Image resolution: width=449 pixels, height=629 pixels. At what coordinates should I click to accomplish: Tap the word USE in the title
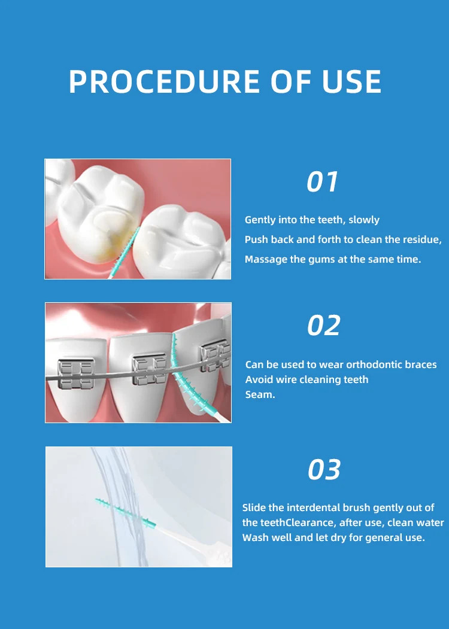click(351, 81)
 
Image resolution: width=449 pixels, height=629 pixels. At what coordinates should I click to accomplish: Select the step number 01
click(322, 182)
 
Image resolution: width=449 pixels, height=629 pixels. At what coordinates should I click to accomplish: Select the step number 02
click(324, 326)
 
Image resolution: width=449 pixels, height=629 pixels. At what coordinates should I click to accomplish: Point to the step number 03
click(324, 469)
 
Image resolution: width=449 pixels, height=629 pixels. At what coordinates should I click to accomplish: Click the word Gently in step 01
click(259, 220)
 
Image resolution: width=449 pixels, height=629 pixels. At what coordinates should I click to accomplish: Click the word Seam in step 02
click(260, 395)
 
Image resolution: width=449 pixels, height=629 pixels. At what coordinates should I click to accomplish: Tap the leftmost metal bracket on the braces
click(76, 373)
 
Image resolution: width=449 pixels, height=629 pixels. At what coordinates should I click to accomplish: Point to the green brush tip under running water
click(126, 512)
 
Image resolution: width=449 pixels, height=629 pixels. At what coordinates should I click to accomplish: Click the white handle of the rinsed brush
click(193, 542)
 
